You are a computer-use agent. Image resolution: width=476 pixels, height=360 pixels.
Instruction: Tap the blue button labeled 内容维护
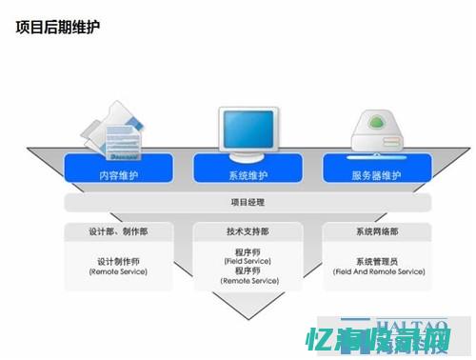[117, 175]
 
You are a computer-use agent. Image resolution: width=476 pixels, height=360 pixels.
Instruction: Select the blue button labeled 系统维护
[248, 175]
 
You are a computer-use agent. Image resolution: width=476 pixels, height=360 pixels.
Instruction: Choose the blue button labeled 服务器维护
[377, 175]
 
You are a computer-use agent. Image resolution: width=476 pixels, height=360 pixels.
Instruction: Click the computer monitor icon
[248, 131]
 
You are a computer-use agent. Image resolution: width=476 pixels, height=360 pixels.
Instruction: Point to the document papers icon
[118, 136]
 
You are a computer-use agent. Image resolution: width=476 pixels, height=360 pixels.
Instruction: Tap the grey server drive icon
[377, 133]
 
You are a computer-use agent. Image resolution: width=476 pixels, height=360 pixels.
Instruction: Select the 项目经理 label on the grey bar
[248, 202]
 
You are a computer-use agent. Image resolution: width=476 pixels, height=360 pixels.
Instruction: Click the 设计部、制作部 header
[118, 231]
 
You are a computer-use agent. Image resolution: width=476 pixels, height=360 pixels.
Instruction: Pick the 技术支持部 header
[248, 231]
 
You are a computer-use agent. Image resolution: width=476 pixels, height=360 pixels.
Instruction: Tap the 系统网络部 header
[377, 231]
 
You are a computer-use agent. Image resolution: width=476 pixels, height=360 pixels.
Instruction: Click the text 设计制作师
[118, 261]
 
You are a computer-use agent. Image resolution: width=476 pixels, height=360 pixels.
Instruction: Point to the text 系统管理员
[377, 261]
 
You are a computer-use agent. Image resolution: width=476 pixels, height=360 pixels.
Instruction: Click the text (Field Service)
[248, 261]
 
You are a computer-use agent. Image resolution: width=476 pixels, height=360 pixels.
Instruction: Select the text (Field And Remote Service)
[377, 271]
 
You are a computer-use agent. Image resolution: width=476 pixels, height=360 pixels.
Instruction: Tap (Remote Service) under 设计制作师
[118, 271]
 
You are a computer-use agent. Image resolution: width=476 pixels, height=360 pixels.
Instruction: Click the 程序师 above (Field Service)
[248, 251]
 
